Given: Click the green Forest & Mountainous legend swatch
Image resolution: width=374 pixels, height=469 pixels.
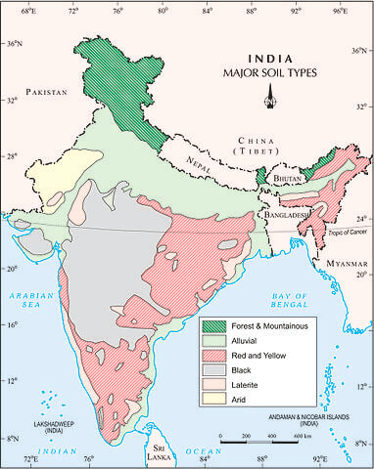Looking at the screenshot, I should (x=215, y=325).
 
